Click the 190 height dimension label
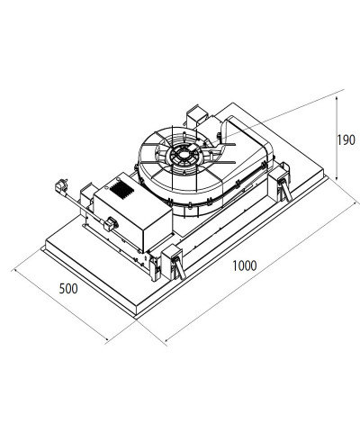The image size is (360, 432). (346, 140)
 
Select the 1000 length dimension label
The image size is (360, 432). (245, 265)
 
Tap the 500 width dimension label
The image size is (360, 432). (68, 289)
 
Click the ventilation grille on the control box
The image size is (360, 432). (121, 190)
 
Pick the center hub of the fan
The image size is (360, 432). (183, 155)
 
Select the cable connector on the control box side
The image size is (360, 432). (110, 224)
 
